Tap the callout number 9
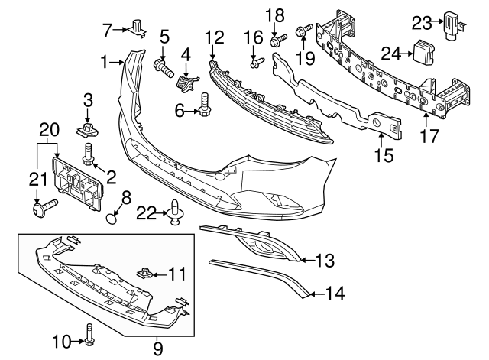[x=157, y=349]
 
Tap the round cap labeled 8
[x=113, y=219]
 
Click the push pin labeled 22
[x=176, y=213]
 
